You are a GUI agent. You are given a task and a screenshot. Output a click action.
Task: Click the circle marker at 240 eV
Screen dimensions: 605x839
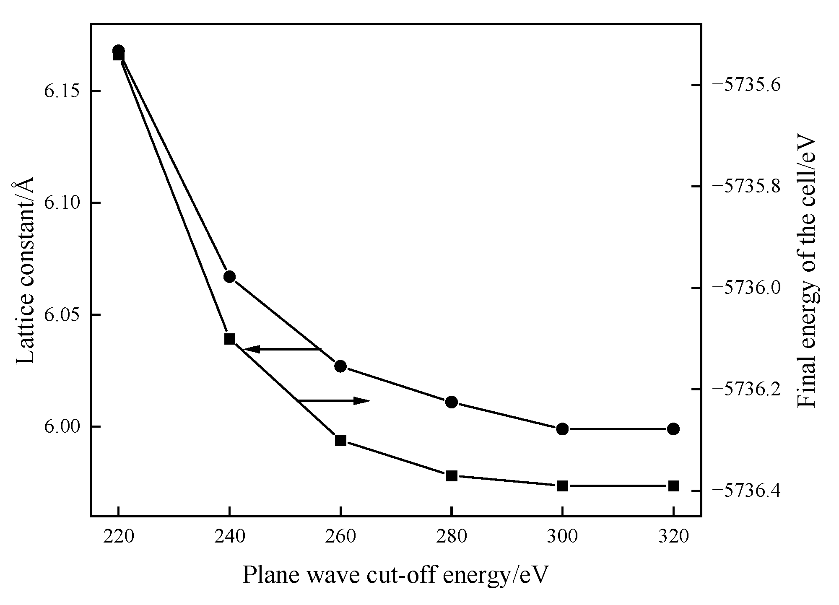tap(229, 277)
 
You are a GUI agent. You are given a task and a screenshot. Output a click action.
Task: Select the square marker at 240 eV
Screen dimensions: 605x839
tap(229, 339)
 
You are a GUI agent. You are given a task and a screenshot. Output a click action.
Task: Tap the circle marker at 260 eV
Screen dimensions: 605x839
tap(340, 366)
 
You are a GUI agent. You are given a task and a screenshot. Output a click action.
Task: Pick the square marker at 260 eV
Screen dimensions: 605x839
tap(340, 440)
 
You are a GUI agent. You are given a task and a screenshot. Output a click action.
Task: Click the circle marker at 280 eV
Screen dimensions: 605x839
tap(451, 402)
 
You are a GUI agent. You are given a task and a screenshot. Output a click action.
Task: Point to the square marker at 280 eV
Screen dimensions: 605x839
tap(451, 475)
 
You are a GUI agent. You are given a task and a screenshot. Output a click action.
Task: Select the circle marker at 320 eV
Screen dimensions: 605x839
tap(673, 428)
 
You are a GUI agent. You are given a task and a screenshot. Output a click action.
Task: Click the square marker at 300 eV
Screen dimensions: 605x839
tap(562, 486)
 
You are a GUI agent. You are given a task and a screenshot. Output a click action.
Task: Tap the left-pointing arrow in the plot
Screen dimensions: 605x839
tap(281, 349)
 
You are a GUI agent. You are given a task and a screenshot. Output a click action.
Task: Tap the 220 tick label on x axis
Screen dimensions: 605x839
tap(118, 537)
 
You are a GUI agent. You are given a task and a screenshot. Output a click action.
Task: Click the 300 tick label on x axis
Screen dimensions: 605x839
tap(562, 537)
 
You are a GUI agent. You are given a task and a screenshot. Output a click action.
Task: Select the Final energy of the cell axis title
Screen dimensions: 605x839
tap(807, 273)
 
